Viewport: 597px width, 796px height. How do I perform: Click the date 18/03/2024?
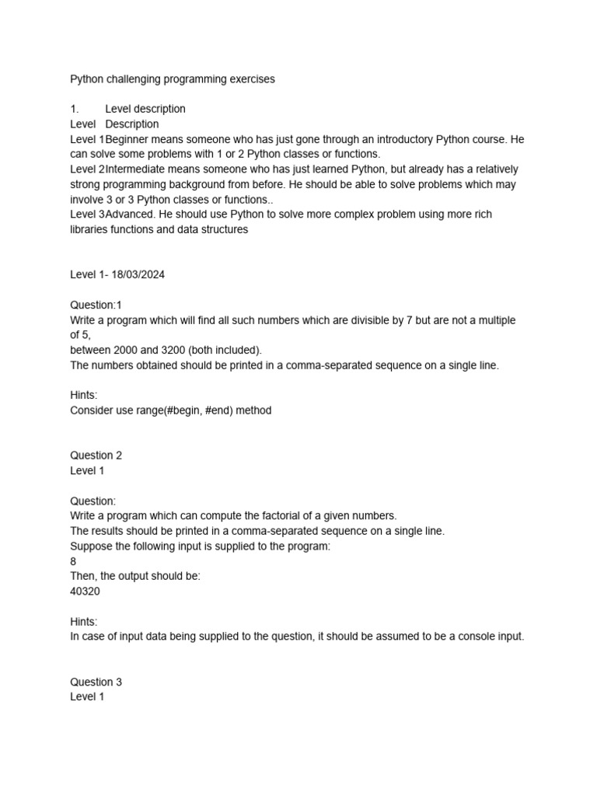coord(138,275)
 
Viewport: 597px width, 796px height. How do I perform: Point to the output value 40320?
coord(85,591)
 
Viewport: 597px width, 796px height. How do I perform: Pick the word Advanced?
coord(131,215)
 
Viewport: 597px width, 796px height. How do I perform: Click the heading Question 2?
coord(96,456)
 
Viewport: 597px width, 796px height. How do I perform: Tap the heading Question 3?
coord(96,682)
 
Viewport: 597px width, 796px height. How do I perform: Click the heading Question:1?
coord(96,305)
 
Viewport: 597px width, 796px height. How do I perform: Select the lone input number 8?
coord(73,560)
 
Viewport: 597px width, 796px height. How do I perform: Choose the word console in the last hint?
coord(464,637)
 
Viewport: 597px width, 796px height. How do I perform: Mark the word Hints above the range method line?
coord(84,395)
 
